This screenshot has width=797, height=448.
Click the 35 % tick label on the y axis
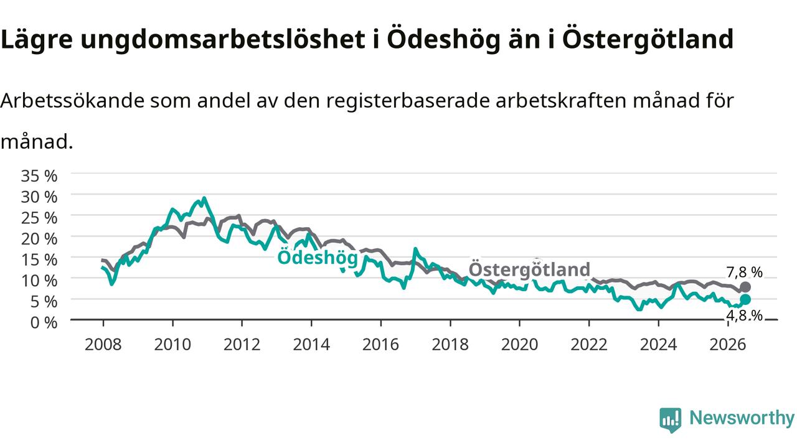[39, 175]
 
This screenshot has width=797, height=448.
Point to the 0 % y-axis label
[44, 322]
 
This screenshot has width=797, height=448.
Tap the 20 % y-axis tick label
[39, 238]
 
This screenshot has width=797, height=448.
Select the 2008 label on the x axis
[103, 345]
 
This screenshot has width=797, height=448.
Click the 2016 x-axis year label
[380, 345]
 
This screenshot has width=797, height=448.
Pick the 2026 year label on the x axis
[728, 345]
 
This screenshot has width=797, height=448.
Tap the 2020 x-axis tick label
[519, 345]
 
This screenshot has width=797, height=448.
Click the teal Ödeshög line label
[318, 257]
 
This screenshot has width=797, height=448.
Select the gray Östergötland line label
[529, 269]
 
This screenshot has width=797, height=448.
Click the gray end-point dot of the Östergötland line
[745, 287]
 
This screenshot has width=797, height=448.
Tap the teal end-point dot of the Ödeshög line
[745, 299]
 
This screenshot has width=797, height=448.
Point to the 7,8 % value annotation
[744, 273]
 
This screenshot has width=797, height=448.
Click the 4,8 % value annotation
[744, 315]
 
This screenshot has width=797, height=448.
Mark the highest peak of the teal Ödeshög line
[204, 198]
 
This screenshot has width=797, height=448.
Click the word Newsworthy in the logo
[742, 418]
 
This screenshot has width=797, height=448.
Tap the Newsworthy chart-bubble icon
[671, 420]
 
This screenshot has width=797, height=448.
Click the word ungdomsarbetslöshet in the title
[223, 39]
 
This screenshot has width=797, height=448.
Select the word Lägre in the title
[37, 39]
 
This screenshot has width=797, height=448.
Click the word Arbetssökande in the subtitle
[73, 101]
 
